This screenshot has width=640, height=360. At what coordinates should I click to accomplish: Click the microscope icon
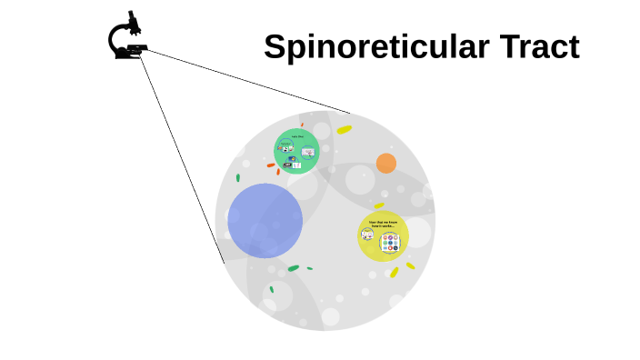(x=126, y=37)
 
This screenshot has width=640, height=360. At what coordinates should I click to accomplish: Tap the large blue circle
(x=265, y=220)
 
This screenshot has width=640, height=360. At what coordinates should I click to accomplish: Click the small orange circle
(x=386, y=164)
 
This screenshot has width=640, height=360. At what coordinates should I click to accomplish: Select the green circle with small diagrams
(x=297, y=151)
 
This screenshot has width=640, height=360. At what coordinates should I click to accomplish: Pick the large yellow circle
(x=383, y=236)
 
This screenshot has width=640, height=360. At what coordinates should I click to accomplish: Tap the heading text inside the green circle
(x=297, y=136)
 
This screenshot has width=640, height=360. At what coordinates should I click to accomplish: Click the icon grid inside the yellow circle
(x=390, y=243)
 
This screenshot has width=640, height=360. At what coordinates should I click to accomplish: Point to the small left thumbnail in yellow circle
(x=367, y=235)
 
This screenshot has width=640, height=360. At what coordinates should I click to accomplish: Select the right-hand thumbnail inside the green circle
(x=308, y=151)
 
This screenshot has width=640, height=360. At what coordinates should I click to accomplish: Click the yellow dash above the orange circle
(x=344, y=130)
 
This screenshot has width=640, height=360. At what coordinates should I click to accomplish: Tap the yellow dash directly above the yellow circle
(x=379, y=206)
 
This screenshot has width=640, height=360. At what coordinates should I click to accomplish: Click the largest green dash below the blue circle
(x=293, y=268)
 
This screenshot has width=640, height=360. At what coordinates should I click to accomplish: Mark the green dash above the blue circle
(x=238, y=177)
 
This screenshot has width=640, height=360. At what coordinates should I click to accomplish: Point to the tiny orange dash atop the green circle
(x=302, y=125)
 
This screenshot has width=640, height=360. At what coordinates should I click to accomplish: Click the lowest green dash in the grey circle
(x=271, y=290)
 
